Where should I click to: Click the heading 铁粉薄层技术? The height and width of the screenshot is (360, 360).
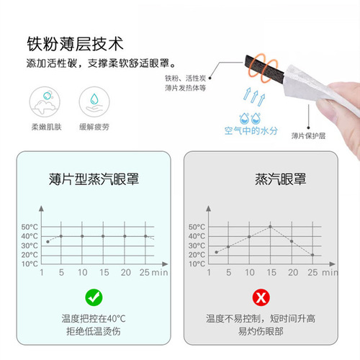pos(75,44)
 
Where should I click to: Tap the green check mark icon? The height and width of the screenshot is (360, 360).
pos(94,297)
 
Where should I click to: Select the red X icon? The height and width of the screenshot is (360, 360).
pos(261,297)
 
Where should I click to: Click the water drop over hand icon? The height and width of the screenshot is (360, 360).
pos(94,102)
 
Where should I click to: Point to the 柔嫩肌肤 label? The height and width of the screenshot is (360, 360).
pos(47,127)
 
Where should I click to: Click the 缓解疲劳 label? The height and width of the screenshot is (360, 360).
pos(94,127)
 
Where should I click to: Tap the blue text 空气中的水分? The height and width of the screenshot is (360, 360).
pos(251,131)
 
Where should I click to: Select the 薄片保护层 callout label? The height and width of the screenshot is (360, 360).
pos(308,136)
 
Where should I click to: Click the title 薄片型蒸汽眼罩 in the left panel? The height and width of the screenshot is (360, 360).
pos(94,179)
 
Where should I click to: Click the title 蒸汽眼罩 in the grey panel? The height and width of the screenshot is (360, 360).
pos(280,179)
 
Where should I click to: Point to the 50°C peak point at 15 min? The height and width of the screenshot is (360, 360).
pos(270,227)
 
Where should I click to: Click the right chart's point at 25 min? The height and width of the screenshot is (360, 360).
pos(312,255)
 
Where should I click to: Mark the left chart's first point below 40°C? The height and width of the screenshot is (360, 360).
pos(48,242)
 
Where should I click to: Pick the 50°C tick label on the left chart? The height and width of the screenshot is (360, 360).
pos(30,227)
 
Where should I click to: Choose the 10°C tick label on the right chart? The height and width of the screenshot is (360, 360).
pos(197,264)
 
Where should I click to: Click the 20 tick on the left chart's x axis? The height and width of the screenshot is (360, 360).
pos(126,272)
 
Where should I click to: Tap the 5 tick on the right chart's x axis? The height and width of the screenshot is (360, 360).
pos(229,272)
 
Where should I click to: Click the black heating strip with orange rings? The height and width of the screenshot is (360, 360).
pos(264,67)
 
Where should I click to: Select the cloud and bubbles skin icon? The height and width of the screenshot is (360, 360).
pos(45,102)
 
